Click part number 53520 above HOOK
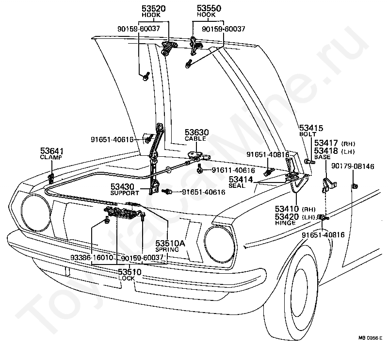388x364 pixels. [153, 9]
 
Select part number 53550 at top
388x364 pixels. [209, 8]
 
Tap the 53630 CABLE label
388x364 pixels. [197, 135]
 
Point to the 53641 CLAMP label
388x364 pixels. [52, 153]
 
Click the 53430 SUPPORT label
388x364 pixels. [125, 189]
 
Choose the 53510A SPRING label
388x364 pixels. [170, 246]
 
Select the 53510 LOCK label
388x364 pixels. [129, 275]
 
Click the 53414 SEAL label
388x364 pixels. [241, 182]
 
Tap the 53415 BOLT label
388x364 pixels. [311, 131]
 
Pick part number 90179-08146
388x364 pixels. [353, 166]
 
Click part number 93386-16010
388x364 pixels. [92, 258]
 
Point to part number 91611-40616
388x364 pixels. [233, 170]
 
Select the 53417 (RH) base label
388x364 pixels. [335, 143]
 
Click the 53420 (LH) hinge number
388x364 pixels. [295, 217]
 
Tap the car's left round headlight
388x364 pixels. [36, 212]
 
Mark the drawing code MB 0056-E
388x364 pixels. [371, 338]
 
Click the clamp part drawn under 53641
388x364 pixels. [51, 178]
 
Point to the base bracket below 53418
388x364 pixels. [329, 185]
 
